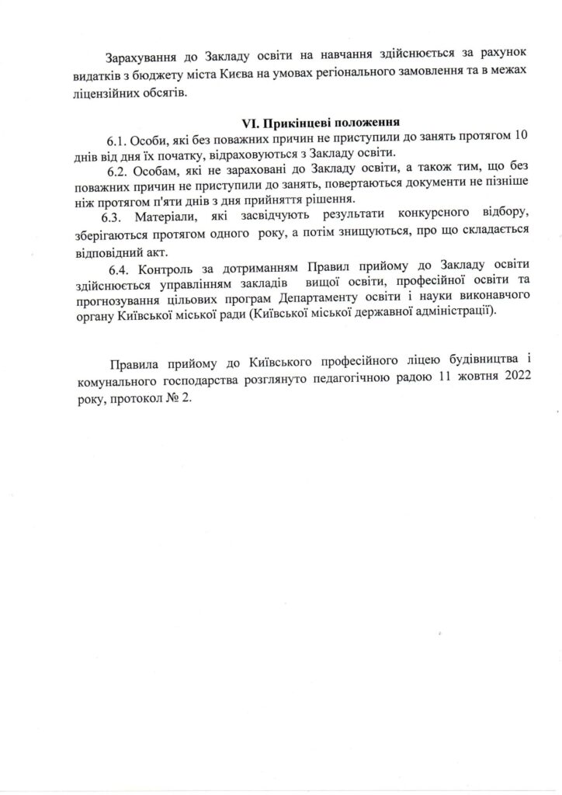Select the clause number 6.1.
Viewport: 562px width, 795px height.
point(117,138)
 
